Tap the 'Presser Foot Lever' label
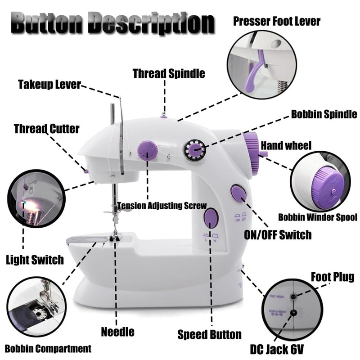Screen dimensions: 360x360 pos(277,21)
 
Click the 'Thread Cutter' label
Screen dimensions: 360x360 pos(46,129)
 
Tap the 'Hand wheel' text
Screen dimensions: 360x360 pos(286,145)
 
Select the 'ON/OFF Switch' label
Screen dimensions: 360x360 pos(277,234)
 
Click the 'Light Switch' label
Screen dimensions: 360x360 pos(35,260)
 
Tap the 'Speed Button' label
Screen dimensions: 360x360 pos(209,334)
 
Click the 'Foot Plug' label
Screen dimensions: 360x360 pos(332,276)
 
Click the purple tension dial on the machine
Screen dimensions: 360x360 pos(147,150)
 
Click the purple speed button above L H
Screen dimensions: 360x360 pos(211,218)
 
